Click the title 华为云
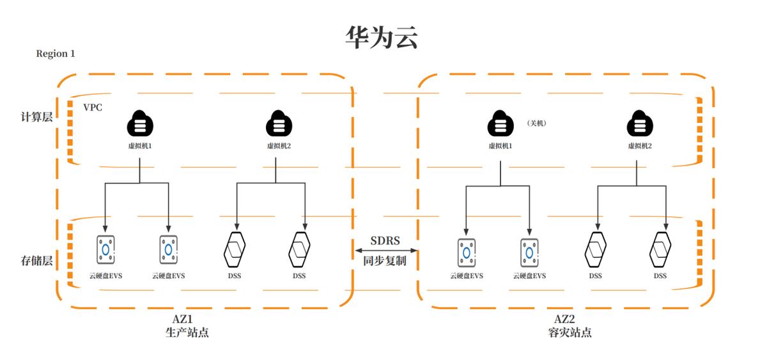tap(382, 38)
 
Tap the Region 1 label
tap(56, 54)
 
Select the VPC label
tap(93, 107)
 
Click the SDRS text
tap(385, 240)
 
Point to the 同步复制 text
tap(385, 261)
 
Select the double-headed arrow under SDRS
tap(385, 250)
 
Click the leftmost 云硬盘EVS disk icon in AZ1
tap(106, 249)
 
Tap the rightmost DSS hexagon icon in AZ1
tap(299, 249)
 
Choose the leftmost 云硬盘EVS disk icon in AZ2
tap(467, 252)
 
